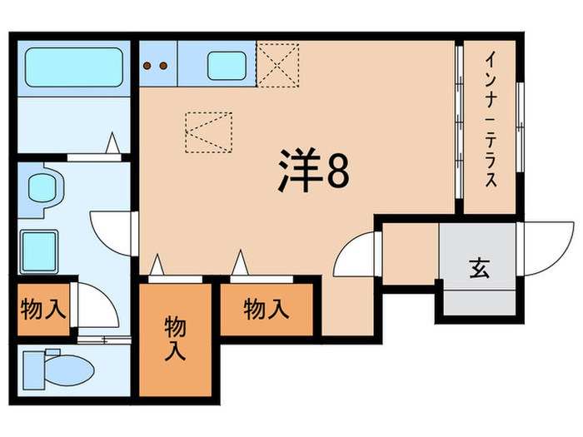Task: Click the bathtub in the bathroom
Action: [74, 67]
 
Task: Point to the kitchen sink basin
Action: [226, 64]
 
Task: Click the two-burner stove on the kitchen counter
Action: [158, 64]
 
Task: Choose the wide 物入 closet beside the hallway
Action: [266, 309]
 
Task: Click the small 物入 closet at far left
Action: [42, 310]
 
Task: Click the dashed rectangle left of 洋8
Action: [209, 132]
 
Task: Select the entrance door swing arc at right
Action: [542, 246]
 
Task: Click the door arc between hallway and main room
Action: [356, 257]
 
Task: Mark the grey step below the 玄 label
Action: [478, 300]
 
